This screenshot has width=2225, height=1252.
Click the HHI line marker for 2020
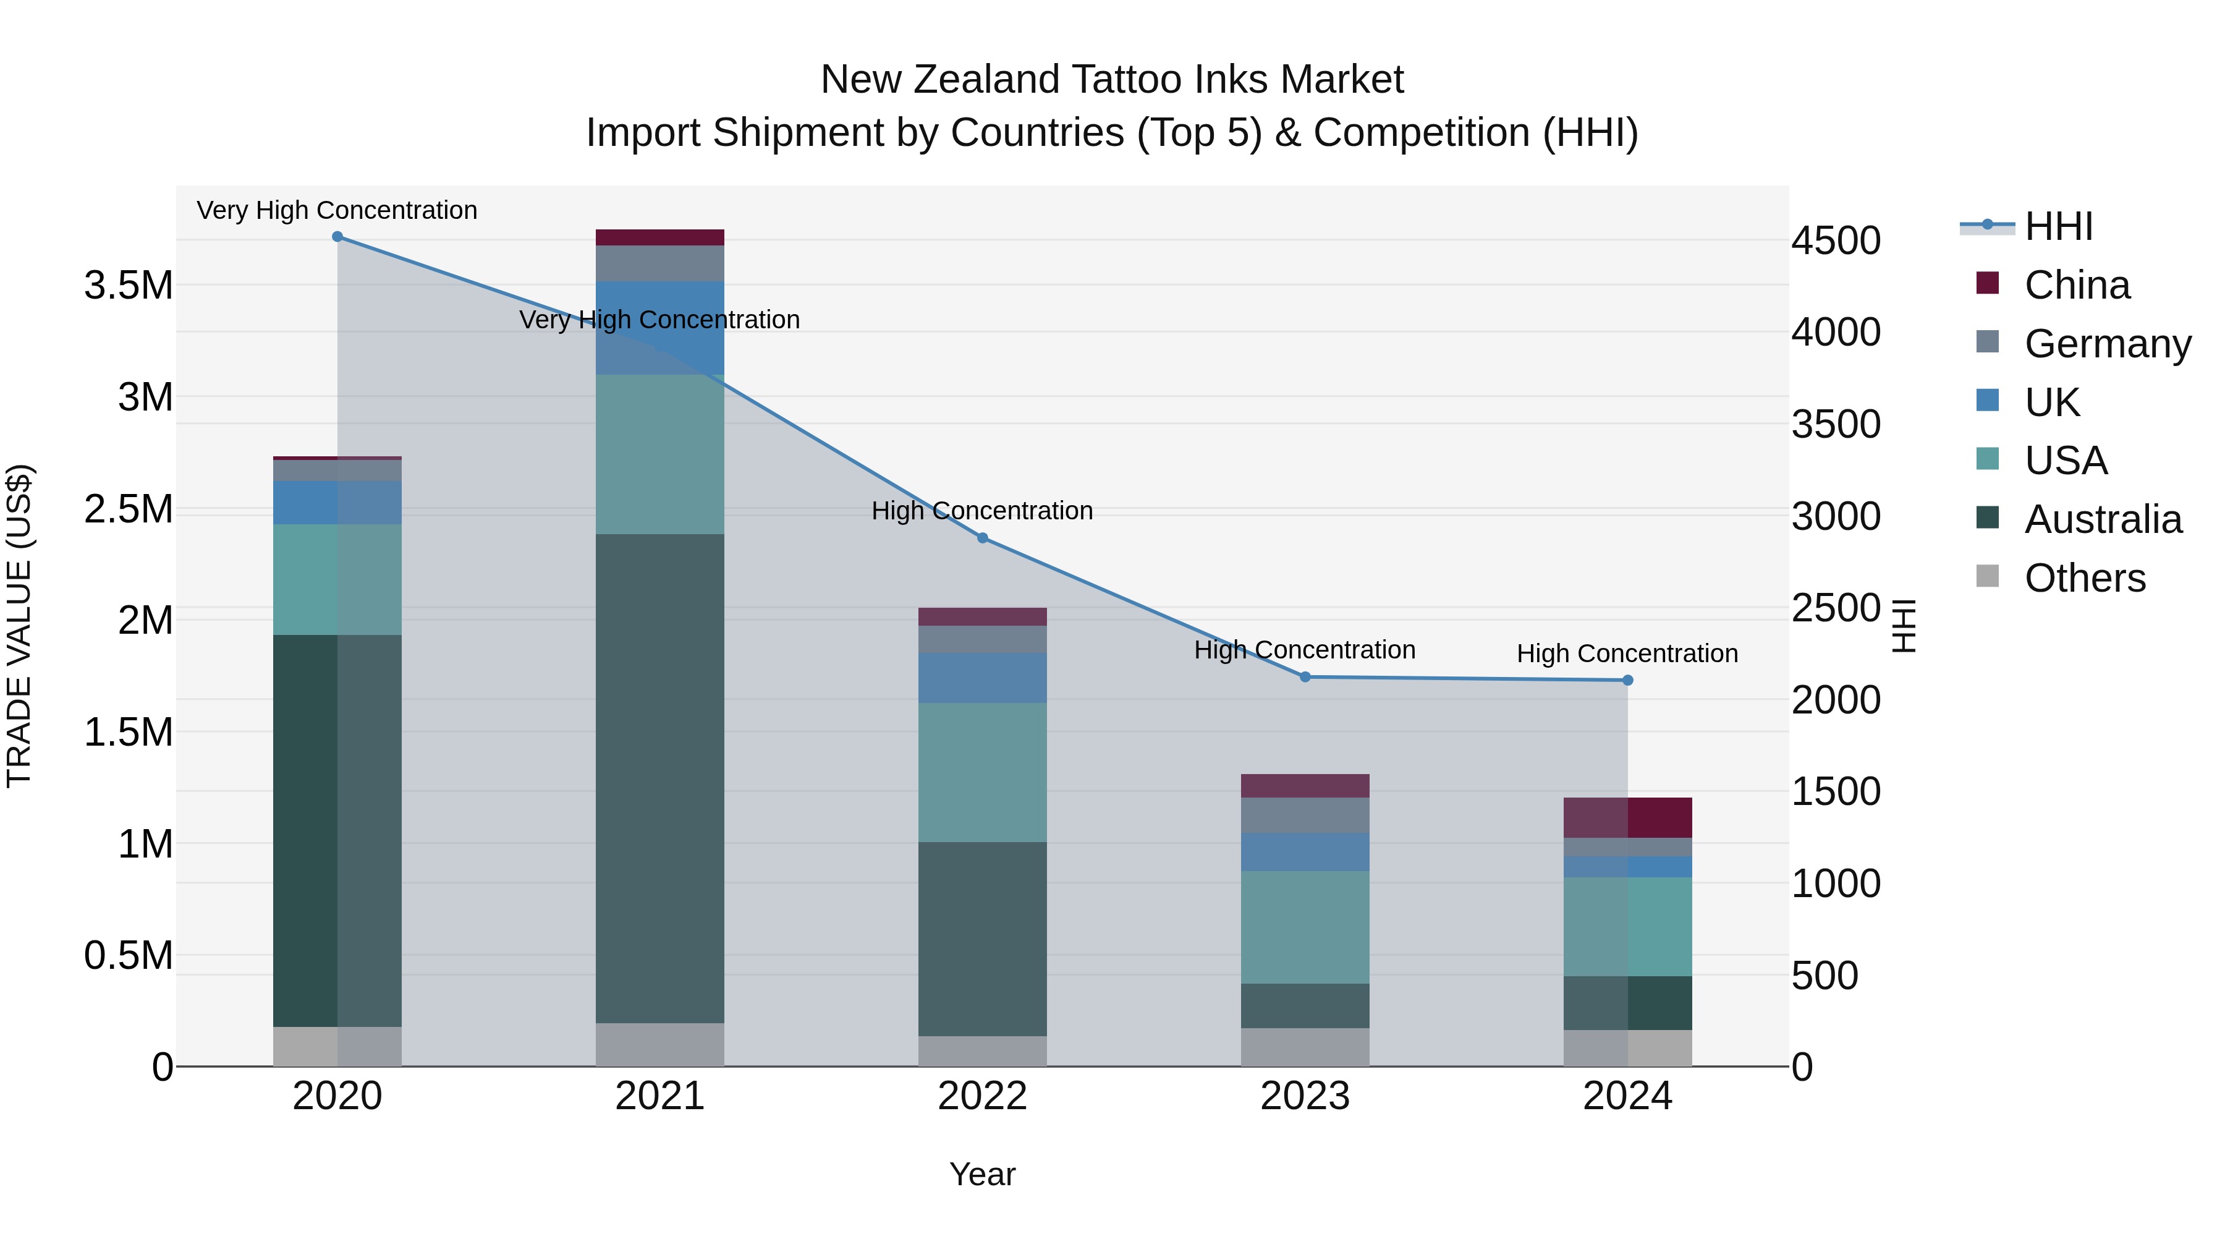(x=337, y=237)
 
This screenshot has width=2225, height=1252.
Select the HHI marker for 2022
(x=982, y=539)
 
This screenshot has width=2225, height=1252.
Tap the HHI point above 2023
(x=1305, y=678)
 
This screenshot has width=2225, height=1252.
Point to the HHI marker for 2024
(x=1627, y=681)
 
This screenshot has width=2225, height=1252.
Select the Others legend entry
(x=2083, y=578)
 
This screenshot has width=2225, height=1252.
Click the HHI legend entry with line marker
(x=2058, y=226)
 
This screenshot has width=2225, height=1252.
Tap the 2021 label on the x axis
(x=660, y=1096)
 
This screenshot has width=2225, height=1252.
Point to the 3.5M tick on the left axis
(x=129, y=285)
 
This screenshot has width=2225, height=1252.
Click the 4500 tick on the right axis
(x=1836, y=241)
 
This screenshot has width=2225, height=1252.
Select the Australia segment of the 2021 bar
(x=660, y=778)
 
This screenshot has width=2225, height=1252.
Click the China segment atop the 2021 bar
(x=660, y=237)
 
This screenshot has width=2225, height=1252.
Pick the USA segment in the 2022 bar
(x=982, y=772)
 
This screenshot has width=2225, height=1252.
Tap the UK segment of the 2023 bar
(x=1305, y=852)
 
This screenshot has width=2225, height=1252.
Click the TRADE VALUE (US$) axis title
(x=19, y=626)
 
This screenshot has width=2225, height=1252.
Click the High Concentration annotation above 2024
(x=1627, y=654)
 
